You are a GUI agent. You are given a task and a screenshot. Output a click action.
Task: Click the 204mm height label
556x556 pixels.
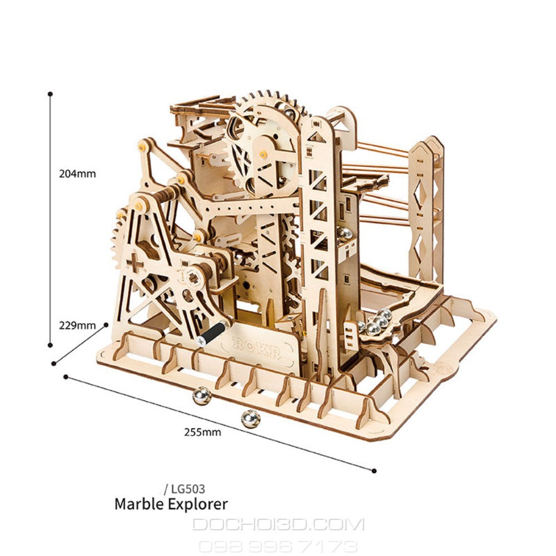77,173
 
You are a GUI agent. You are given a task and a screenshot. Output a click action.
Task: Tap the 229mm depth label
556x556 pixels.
77,325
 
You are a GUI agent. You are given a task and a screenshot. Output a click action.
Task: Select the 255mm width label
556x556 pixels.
202,432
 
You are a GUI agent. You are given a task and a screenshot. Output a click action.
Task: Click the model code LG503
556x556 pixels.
188,489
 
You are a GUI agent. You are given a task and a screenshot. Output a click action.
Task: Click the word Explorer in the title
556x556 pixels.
198,504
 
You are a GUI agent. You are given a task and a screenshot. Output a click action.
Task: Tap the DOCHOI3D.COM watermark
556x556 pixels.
278,524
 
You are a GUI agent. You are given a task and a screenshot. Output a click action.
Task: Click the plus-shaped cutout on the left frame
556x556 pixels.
135,263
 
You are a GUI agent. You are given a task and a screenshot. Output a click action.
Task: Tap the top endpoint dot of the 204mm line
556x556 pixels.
51,94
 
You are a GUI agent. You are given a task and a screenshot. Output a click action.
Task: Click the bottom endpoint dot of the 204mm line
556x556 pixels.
51,345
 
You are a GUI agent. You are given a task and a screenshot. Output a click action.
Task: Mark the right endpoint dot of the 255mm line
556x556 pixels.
374,471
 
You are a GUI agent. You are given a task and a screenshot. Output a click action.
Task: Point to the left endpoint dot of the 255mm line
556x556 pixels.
66,376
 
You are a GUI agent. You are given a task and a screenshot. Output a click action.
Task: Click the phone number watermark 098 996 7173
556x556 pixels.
278,547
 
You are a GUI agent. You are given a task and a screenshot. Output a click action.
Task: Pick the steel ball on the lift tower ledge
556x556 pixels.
344,233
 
